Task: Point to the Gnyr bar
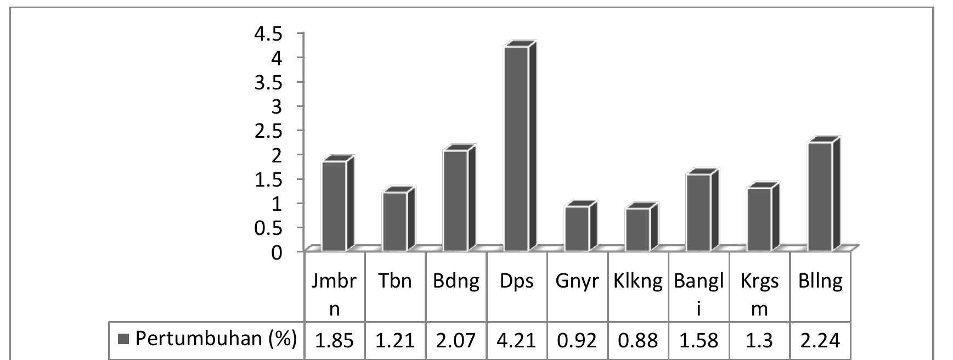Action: click(x=577, y=228)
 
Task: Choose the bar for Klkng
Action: click(x=638, y=229)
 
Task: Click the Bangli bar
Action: click(x=698, y=212)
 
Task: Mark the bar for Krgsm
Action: click(x=759, y=219)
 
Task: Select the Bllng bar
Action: click(x=820, y=196)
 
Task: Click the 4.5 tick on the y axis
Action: click(x=267, y=34)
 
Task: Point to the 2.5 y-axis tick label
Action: click(x=267, y=131)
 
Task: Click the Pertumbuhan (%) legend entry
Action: click(x=207, y=339)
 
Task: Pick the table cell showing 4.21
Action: click(x=517, y=341)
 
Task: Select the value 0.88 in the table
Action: click(x=638, y=341)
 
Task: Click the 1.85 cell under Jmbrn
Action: click(x=334, y=341)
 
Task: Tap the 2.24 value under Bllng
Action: click(x=820, y=341)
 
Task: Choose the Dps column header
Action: click(x=517, y=282)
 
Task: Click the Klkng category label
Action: click(x=638, y=282)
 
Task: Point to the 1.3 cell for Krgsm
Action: click(x=759, y=341)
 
